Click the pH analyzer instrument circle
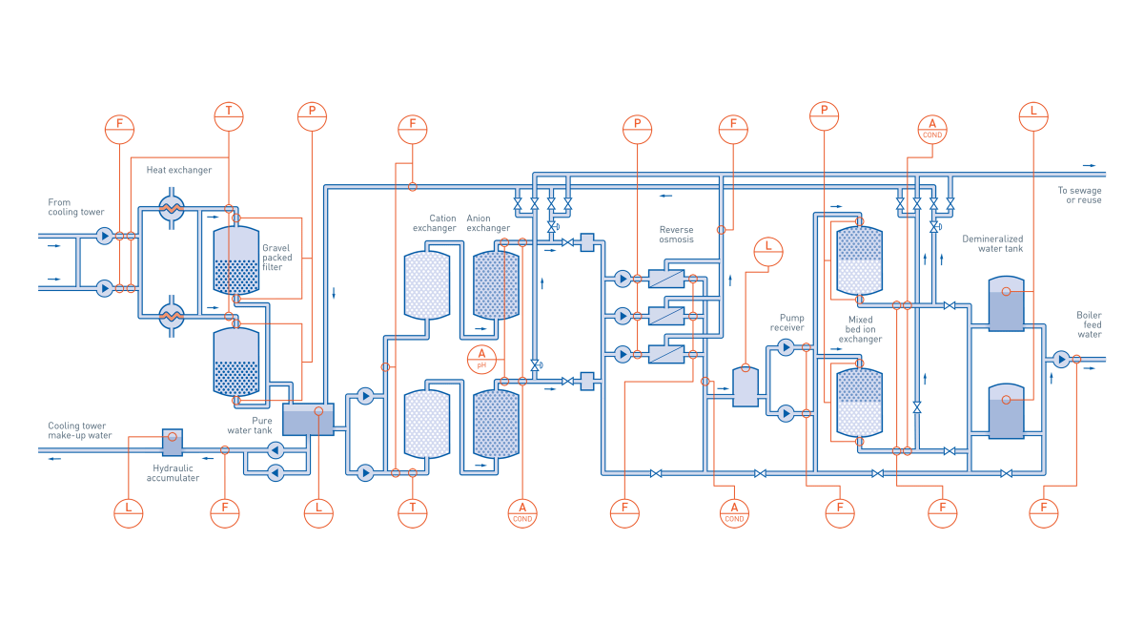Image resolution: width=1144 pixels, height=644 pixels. pyautogui.click(x=481, y=360)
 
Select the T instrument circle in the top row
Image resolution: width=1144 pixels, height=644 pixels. pyautogui.click(x=229, y=116)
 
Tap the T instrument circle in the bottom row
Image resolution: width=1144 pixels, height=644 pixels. pyautogui.click(x=413, y=513)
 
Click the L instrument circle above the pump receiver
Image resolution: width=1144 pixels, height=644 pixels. pyautogui.click(x=767, y=252)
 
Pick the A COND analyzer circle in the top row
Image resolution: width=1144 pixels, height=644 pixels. pyautogui.click(x=932, y=129)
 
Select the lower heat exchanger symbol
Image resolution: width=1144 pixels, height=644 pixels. pyautogui.click(x=172, y=316)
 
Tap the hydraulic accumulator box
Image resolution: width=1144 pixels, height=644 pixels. pyautogui.click(x=172, y=443)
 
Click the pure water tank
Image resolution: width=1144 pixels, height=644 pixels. pyautogui.click(x=308, y=420)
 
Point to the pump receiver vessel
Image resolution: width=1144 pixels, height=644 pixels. pyautogui.click(x=746, y=386)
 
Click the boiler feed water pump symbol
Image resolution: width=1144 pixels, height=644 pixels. pyautogui.click(x=1061, y=359)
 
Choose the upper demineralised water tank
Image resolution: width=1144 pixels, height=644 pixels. pyautogui.click(x=1006, y=304)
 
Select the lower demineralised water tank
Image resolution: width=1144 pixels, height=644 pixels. pyautogui.click(x=1006, y=412)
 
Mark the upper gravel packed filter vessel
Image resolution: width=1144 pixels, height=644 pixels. pyautogui.click(x=236, y=260)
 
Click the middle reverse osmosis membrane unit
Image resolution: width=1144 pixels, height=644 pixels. pyautogui.click(x=666, y=316)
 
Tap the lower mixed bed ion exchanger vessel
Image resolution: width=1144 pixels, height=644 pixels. pyautogui.click(x=859, y=403)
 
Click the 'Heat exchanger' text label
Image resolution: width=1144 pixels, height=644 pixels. pyautogui.click(x=179, y=170)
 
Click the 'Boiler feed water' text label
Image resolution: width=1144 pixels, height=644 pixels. pyautogui.click(x=1089, y=324)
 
